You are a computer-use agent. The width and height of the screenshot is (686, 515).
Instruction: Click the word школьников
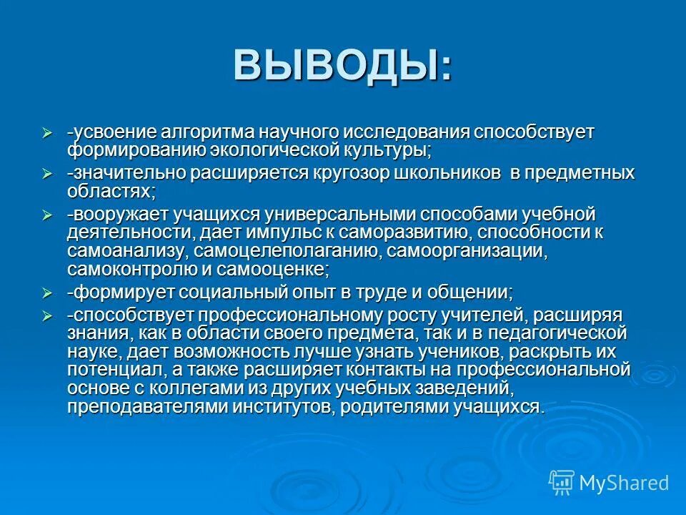click(447, 174)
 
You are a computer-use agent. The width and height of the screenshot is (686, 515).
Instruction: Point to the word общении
click(471, 293)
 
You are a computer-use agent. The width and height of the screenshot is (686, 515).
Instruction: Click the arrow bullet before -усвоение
click(48, 133)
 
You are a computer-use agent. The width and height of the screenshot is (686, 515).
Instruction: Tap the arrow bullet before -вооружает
click(48, 215)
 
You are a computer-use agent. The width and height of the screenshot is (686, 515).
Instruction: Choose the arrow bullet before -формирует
click(48, 293)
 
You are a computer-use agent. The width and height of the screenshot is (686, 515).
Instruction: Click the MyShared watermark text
click(624, 483)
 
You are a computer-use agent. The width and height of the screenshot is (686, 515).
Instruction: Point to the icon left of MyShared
click(562, 482)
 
